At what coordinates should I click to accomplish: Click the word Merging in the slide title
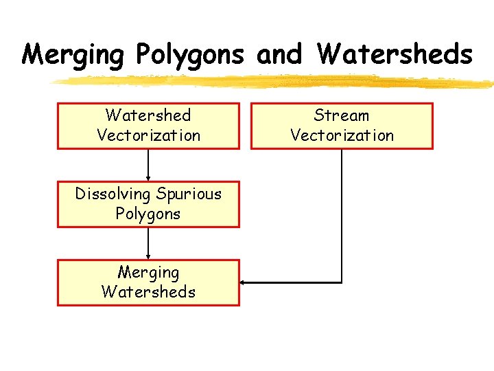click(74, 54)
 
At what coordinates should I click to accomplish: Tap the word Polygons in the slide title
click(190, 54)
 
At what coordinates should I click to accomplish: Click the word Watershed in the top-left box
click(148, 115)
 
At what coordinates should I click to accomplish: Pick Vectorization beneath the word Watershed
click(148, 135)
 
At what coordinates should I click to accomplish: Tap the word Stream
click(342, 115)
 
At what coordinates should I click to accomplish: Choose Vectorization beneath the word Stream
click(342, 135)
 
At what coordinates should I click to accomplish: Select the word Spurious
click(189, 194)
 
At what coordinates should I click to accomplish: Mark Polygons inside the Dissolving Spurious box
click(148, 214)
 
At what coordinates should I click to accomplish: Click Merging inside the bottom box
click(148, 272)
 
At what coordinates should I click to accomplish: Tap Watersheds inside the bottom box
click(148, 292)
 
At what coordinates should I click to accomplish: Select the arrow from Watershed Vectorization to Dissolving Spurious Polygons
click(148, 165)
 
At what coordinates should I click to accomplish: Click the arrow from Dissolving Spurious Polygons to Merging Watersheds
click(148, 243)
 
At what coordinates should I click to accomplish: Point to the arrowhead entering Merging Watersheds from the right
click(244, 282)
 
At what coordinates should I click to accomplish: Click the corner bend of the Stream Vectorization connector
click(341, 282)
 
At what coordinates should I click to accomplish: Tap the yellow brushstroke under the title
click(274, 82)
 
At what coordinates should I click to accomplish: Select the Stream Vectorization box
click(342, 126)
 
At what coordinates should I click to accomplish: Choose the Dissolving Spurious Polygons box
click(148, 204)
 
